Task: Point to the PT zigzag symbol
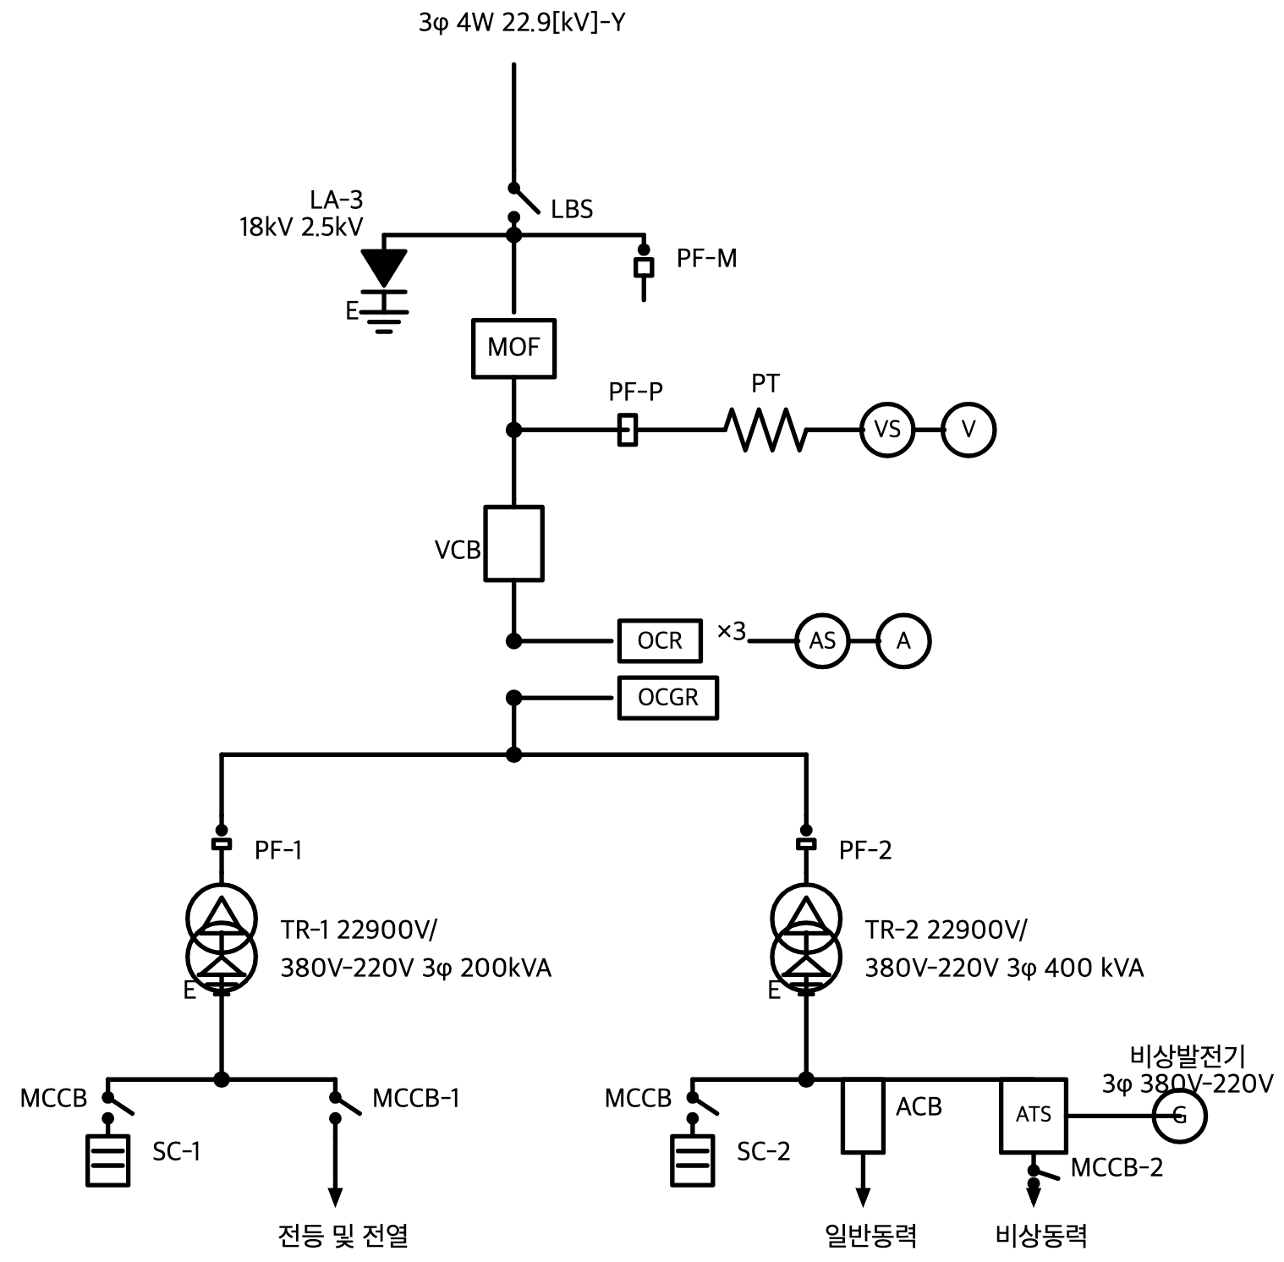765,430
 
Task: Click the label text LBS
572,209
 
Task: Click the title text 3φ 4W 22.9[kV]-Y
522,22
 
